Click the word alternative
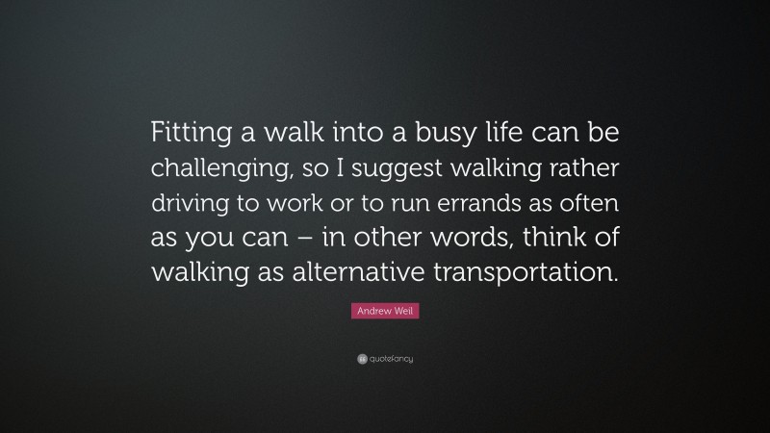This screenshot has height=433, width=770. (356, 271)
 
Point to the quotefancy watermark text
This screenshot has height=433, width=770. (391, 359)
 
